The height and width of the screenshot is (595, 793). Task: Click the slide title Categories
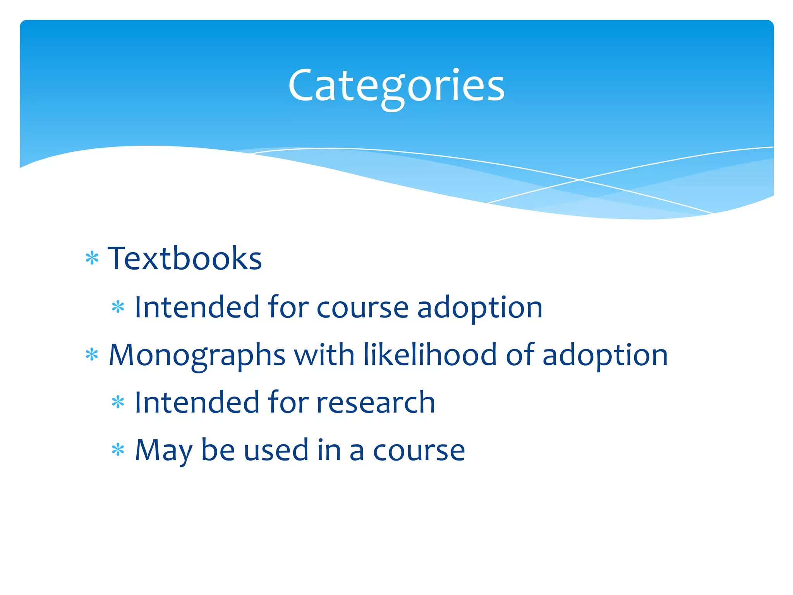[x=396, y=86]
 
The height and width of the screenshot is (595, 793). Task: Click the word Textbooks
[x=185, y=258]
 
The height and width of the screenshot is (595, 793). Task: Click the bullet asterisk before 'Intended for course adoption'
[x=118, y=307]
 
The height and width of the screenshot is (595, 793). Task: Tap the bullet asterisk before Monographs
[x=92, y=354]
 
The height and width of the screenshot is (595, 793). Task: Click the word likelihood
[x=430, y=354]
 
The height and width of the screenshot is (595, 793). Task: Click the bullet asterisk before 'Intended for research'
[x=118, y=402]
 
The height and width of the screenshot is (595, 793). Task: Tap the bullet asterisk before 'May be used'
[x=118, y=450]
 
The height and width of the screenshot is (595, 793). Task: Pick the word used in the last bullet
[x=276, y=451]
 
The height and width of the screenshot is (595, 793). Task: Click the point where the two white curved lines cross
[x=580, y=180]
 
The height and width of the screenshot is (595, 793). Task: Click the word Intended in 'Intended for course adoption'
[x=196, y=307]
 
